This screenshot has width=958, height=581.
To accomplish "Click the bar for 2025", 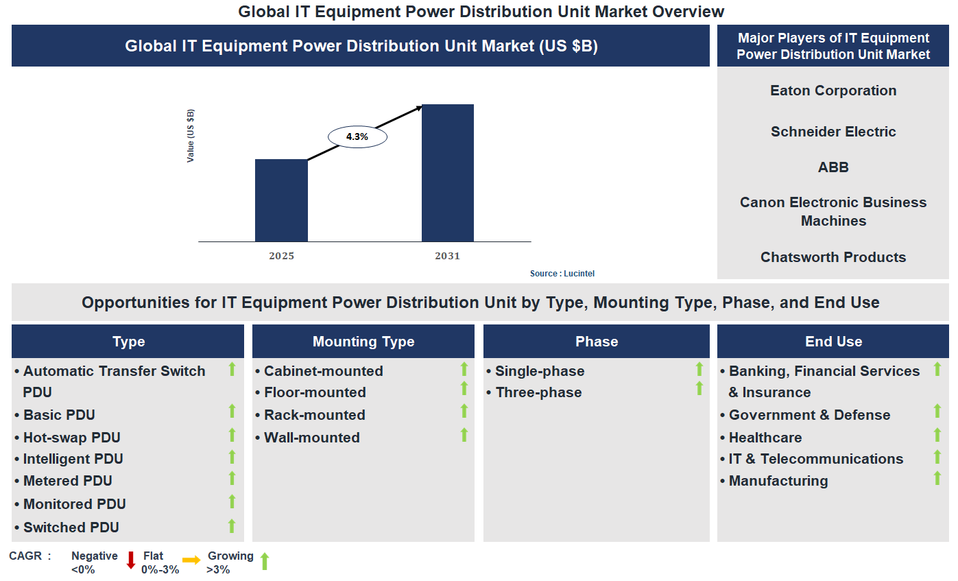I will (281, 200).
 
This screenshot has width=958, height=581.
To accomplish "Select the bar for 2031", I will (447, 173).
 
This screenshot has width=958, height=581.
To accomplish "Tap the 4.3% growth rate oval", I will (357, 137).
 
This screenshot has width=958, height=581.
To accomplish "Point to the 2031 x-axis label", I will (447, 257).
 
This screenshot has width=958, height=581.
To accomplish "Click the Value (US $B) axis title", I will (191, 136).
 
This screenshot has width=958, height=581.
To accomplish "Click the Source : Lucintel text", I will (562, 274).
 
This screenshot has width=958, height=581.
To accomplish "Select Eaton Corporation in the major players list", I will (833, 91).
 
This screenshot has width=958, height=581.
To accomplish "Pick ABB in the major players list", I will (833, 167).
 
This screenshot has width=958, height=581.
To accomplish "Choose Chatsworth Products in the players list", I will (833, 257).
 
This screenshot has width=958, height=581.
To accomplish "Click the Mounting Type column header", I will (363, 342).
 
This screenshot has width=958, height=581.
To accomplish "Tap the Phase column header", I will (597, 342).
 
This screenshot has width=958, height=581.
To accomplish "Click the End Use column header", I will (833, 342).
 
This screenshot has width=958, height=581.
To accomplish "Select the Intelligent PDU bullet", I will (73, 459).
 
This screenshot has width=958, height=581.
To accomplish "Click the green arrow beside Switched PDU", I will (232, 526).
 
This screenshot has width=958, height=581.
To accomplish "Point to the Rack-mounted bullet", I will (314, 415).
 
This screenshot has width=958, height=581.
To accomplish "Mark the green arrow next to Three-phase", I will (699, 389).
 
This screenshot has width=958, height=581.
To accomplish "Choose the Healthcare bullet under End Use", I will (765, 438).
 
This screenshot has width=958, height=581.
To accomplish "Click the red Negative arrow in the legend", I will (131, 560).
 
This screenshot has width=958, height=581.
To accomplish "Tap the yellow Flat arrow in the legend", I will (191, 560).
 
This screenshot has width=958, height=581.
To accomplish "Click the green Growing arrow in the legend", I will (265, 561).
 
